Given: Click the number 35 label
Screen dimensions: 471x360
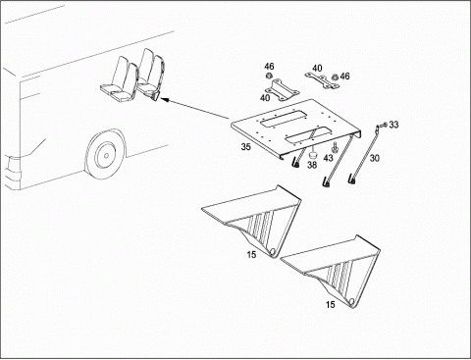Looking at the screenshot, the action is [245, 147].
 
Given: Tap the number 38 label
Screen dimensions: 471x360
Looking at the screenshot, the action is [312, 165].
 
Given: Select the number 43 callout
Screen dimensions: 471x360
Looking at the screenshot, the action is [328, 158].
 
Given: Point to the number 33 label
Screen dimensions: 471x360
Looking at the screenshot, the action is [393, 125].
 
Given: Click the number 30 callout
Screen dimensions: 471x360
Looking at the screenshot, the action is [375, 158].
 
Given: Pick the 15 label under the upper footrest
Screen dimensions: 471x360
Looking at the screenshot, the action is [251, 254].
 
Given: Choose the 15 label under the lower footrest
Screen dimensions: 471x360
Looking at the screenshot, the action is [331, 305].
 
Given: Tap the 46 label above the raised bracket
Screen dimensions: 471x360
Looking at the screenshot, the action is [269, 67].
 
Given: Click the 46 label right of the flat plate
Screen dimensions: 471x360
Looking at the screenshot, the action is [344, 77].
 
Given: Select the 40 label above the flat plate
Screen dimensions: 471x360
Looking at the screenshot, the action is [317, 69].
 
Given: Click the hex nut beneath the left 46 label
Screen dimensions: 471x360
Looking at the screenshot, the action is [268, 77].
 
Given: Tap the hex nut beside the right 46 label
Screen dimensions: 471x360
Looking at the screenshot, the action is [335, 77].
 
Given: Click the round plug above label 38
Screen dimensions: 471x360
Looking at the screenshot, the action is [312, 154].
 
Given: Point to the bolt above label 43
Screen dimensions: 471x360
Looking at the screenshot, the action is [334, 147].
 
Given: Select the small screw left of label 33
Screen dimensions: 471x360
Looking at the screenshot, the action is [385, 125].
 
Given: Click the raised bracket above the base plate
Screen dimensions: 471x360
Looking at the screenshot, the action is [282, 89].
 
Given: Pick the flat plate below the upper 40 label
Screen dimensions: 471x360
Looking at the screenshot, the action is [322, 80].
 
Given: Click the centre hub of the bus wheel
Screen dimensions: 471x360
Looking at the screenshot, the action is [106, 155].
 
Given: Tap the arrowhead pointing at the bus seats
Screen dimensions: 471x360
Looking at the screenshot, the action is [165, 99].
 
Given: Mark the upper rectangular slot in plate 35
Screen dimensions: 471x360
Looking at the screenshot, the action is [284, 119].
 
